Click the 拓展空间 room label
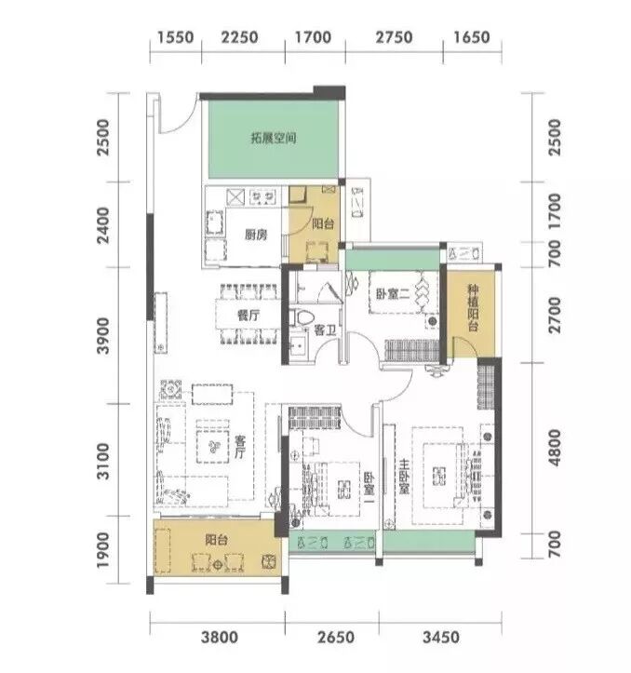tap(274, 138)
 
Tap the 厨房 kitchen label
tap(256, 235)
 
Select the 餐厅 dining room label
tap(248, 316)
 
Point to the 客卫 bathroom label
tap(325, 330)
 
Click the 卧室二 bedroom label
tap(393, 294)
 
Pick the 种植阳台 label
tap(473, 308)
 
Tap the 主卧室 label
tap(404, 477)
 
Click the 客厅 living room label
tap(240, 447)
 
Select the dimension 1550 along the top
tap(175, 37)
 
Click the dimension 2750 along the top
tap(394, 37)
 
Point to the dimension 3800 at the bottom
tap(220, 637)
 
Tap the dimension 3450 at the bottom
tap(441, 637)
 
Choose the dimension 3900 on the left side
tap(103, 336)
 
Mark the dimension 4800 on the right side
tap(555, 447)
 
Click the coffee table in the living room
tap(212, 447)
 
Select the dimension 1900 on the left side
tap(103, 551)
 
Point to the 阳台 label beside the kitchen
tap(323, 223)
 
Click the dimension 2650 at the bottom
tap(336, 637)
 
